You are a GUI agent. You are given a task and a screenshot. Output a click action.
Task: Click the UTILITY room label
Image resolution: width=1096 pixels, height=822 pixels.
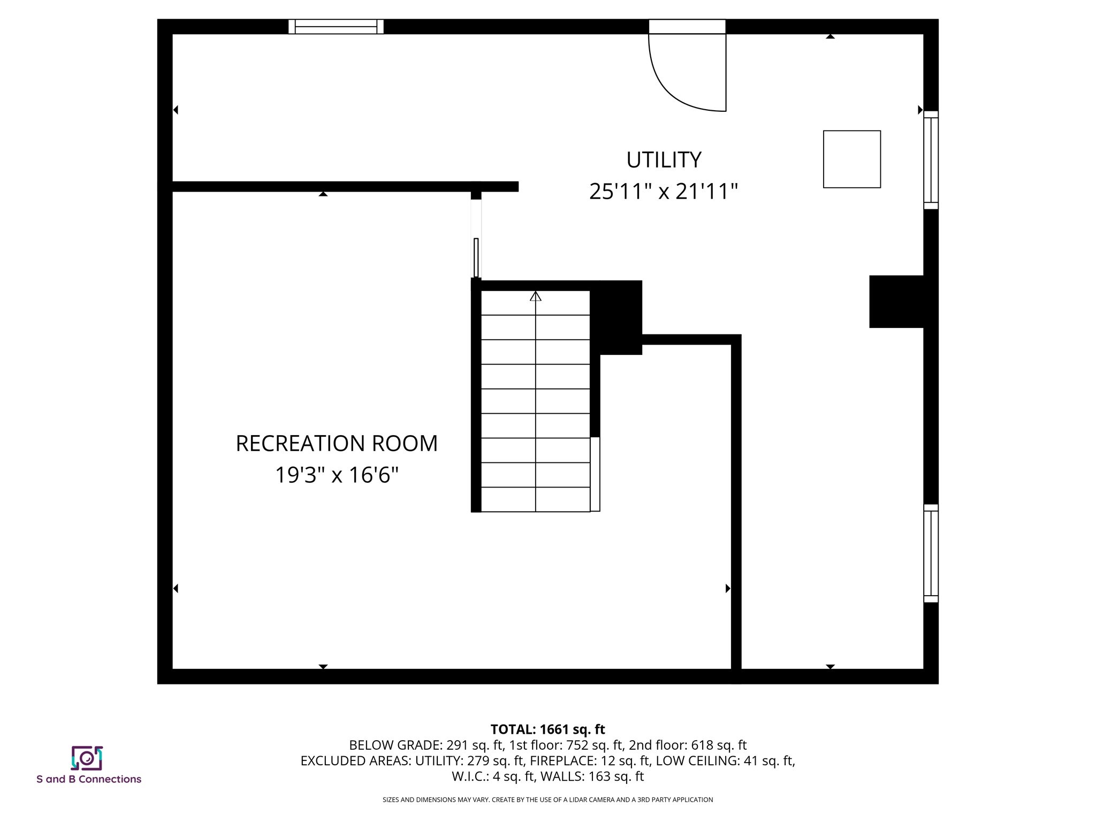(664, 160)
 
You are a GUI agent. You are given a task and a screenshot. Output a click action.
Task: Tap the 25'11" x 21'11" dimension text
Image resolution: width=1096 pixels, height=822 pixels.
(664, 192)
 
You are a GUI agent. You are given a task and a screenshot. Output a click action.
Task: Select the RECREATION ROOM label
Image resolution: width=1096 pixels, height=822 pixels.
(337, 444)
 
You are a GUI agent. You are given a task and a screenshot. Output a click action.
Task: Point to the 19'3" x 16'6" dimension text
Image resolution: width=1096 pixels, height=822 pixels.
(337, 475)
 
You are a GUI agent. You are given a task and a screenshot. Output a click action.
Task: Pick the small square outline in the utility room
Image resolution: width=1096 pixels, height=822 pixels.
(851, 159)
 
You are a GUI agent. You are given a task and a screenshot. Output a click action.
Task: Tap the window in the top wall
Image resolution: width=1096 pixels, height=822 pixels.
(336, 27)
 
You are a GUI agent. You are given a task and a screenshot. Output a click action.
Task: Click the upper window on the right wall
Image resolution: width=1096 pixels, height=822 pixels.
(931, 160)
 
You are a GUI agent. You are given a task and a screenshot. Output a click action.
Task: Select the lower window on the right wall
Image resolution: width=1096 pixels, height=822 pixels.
(931, 553)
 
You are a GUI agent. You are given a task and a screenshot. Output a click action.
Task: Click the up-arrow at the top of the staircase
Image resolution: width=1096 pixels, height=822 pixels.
(536, 296)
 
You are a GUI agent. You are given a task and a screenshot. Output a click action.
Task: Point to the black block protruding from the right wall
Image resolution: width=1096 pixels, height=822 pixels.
(896, 301)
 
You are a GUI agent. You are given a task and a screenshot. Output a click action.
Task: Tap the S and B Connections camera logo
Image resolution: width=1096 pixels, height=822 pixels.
(87, 758)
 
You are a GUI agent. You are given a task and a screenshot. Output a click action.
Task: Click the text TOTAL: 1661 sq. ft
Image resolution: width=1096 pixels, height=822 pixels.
(547, 729)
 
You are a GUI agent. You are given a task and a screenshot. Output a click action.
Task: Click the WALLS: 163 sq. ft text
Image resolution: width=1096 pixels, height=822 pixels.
(592, 776)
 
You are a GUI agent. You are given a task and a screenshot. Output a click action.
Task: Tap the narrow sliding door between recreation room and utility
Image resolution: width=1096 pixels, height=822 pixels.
(476, 257)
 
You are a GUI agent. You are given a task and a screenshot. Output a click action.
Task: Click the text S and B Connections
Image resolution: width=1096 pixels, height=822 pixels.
(89, 779)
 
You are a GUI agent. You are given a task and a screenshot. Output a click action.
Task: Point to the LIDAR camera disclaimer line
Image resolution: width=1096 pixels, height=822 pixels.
(547, 800)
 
